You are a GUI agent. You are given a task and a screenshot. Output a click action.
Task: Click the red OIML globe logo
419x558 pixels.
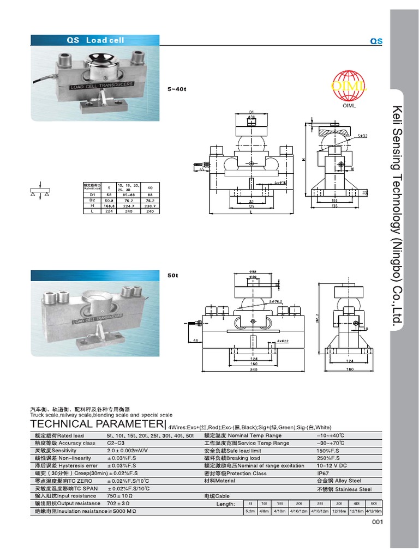[x=349, y=87]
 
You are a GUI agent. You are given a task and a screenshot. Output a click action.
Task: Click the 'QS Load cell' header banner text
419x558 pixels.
[x=95, y=40]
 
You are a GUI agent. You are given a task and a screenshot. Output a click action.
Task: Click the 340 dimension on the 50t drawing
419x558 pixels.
[x=253, y=370]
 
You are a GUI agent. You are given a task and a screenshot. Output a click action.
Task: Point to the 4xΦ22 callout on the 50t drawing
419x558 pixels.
[x=282, y=341]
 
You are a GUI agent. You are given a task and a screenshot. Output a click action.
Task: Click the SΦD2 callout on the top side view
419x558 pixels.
[x=362, y=135]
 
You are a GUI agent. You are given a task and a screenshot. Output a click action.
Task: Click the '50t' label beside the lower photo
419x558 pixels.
[x=172, y=276]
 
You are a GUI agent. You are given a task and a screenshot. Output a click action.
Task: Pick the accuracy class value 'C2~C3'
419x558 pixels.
[x=115, y=443]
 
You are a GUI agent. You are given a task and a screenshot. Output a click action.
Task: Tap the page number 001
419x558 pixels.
[x=378, y=523]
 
